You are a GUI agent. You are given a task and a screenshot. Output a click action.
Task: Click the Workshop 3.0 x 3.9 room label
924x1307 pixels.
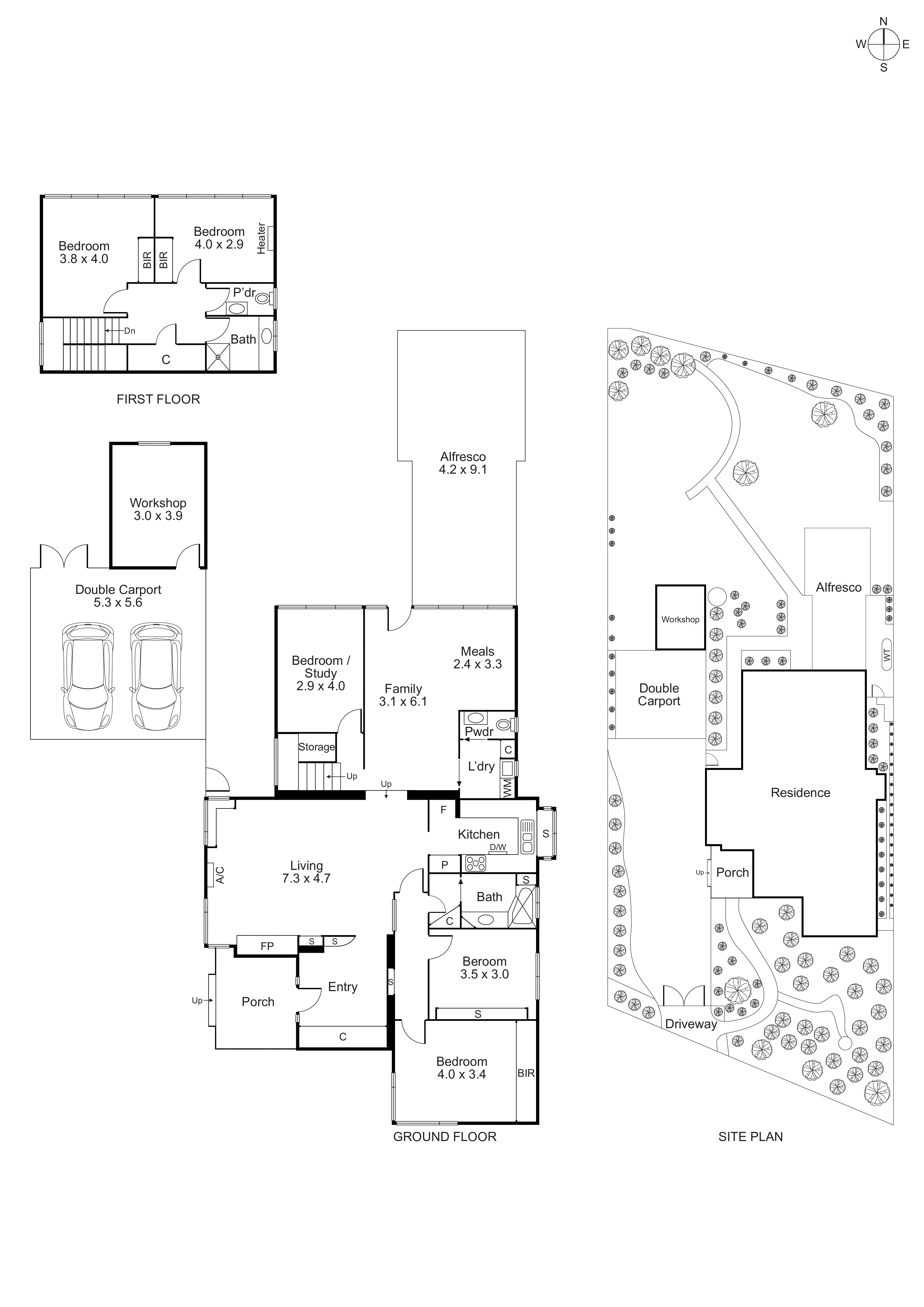coord(158,509)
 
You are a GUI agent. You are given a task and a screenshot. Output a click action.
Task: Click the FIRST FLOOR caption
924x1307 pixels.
coord(158,399)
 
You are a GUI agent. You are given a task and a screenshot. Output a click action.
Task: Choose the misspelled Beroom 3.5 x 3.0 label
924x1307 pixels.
coord(484,967)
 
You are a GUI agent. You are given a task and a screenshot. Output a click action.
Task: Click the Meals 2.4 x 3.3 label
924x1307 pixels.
coord(477,657)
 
